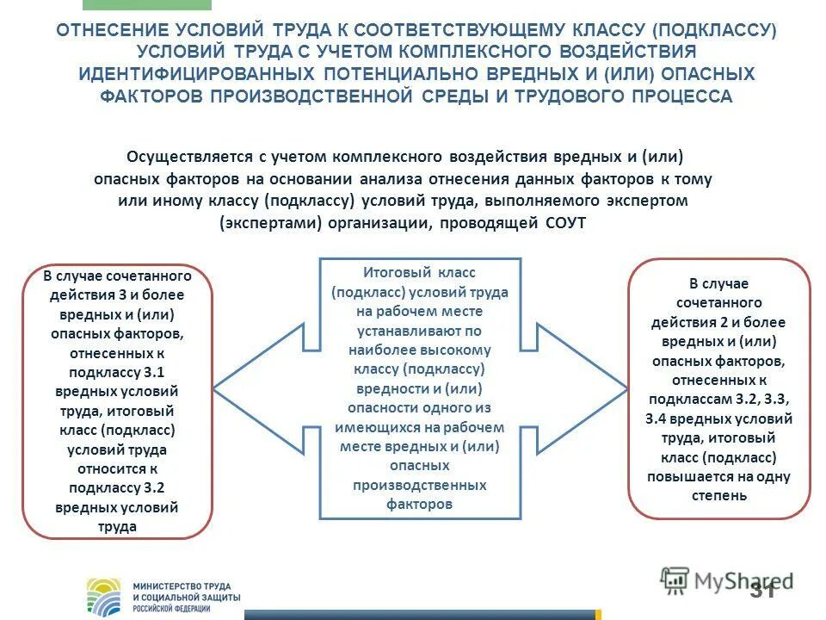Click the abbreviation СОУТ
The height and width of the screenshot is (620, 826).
point(565,223)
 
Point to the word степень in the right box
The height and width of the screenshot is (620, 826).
point(719,495)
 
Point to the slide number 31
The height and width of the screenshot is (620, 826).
point(761,591)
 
